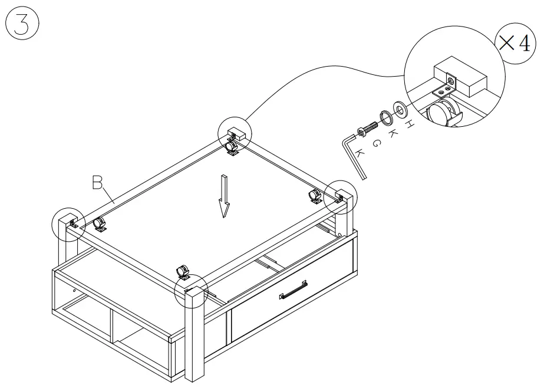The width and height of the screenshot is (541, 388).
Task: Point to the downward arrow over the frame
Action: click(x=223, y=195)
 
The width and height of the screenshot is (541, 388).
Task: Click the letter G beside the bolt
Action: click(x=375, y=142)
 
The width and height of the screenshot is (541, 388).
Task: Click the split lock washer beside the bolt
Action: click(x=387, y=117)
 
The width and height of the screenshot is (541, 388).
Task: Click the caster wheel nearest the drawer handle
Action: click(x=183, y=272)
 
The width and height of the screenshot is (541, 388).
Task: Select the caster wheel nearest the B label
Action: click(x=99, y=224)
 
